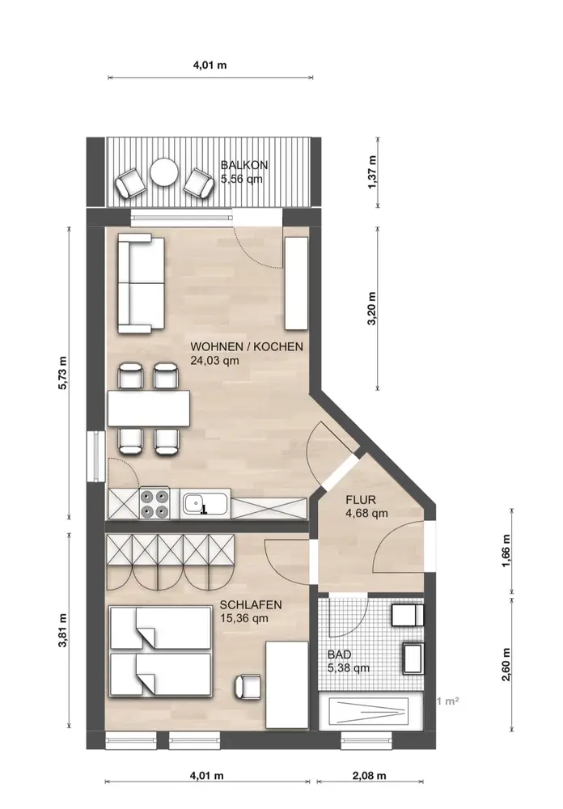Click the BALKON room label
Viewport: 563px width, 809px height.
point(244,165)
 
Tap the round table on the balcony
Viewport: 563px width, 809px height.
point(165,172)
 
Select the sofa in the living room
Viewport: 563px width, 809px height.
point(141,283)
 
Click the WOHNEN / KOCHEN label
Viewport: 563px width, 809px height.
point(247,347)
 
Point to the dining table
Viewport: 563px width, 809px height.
point(149,408)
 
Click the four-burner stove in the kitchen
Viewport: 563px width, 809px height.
point(155,504)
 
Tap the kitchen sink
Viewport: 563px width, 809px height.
point(205,504)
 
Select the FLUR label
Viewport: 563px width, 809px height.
point(361,499)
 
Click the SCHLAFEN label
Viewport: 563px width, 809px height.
point(251,604)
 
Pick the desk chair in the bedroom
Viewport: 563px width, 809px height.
point(248,686)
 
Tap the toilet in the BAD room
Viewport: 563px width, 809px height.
point(408,615)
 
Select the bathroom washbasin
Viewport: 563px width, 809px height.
point(413,659)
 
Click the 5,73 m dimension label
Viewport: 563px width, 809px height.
point(62,372)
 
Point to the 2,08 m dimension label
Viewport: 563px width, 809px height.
point(369,776)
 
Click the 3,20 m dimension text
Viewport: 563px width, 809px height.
point(371,308)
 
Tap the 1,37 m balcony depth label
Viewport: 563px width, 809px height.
point(373,172)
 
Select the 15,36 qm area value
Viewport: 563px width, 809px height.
point(244,618)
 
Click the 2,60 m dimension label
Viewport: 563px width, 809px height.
point(506,664)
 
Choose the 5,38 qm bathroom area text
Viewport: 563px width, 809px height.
point(349,668)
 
